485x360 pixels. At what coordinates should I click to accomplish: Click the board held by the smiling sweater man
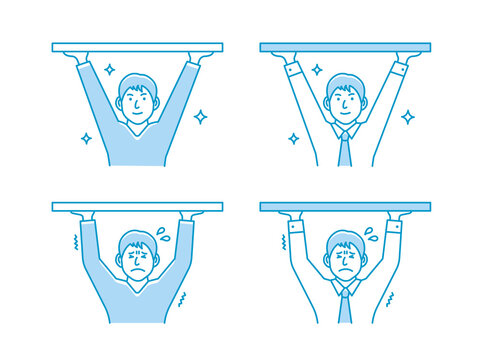point(137,46)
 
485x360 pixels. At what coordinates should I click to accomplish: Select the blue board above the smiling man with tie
point(345,46)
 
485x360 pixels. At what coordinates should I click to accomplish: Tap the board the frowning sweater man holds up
point(137,207)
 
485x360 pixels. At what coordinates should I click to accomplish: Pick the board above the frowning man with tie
point(345,207)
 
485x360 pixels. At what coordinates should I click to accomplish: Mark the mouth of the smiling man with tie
point(345,112)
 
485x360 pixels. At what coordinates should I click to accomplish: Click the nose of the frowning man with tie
point(345,261)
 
